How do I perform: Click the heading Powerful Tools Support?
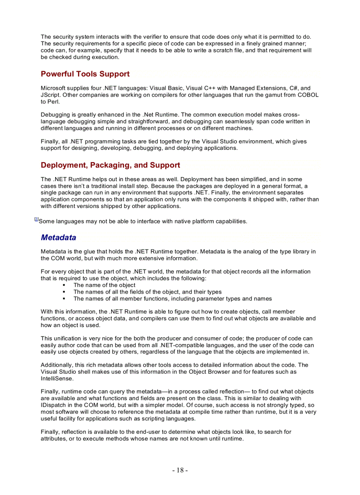pyautogui.click(x=85, y=74)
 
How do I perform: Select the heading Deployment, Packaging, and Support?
pyautogui.click(x=110, y=165)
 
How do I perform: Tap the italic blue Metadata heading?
pyautogui.click(x=58, y=238)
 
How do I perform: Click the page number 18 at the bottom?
pyautogui.click(x=180, y=470)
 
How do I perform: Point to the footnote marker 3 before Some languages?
pyautogui.click(x=36, y=220)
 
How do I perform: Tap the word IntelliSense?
pyautogui.click(x=57, y=378)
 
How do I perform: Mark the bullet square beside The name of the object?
pyautogui.click(x=64, y=285)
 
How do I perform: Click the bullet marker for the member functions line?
pyautogui.click(x=64, y=298)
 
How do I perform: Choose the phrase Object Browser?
pyautogui.click(x=212, y=372)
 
